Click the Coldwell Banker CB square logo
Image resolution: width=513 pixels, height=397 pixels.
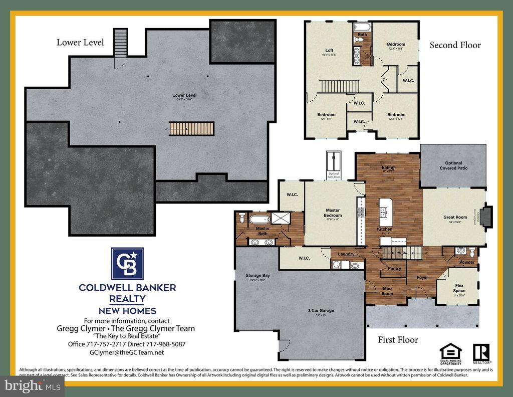(x=127, y=264)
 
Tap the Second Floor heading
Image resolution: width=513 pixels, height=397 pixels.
(x=455, y=45)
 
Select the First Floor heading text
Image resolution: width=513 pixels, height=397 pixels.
(x=398, y=340)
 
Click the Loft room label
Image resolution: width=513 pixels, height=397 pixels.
(x=329, y=50)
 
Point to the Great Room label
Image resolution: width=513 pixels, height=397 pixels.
(x=455, y=218)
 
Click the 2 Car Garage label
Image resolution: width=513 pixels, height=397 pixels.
(x=321, y=311)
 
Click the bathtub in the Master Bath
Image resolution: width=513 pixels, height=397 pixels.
(x=260, y=219)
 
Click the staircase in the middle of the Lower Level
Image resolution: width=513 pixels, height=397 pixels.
(x=191, y=129)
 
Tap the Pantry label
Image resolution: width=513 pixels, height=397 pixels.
(x=394, y=269)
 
